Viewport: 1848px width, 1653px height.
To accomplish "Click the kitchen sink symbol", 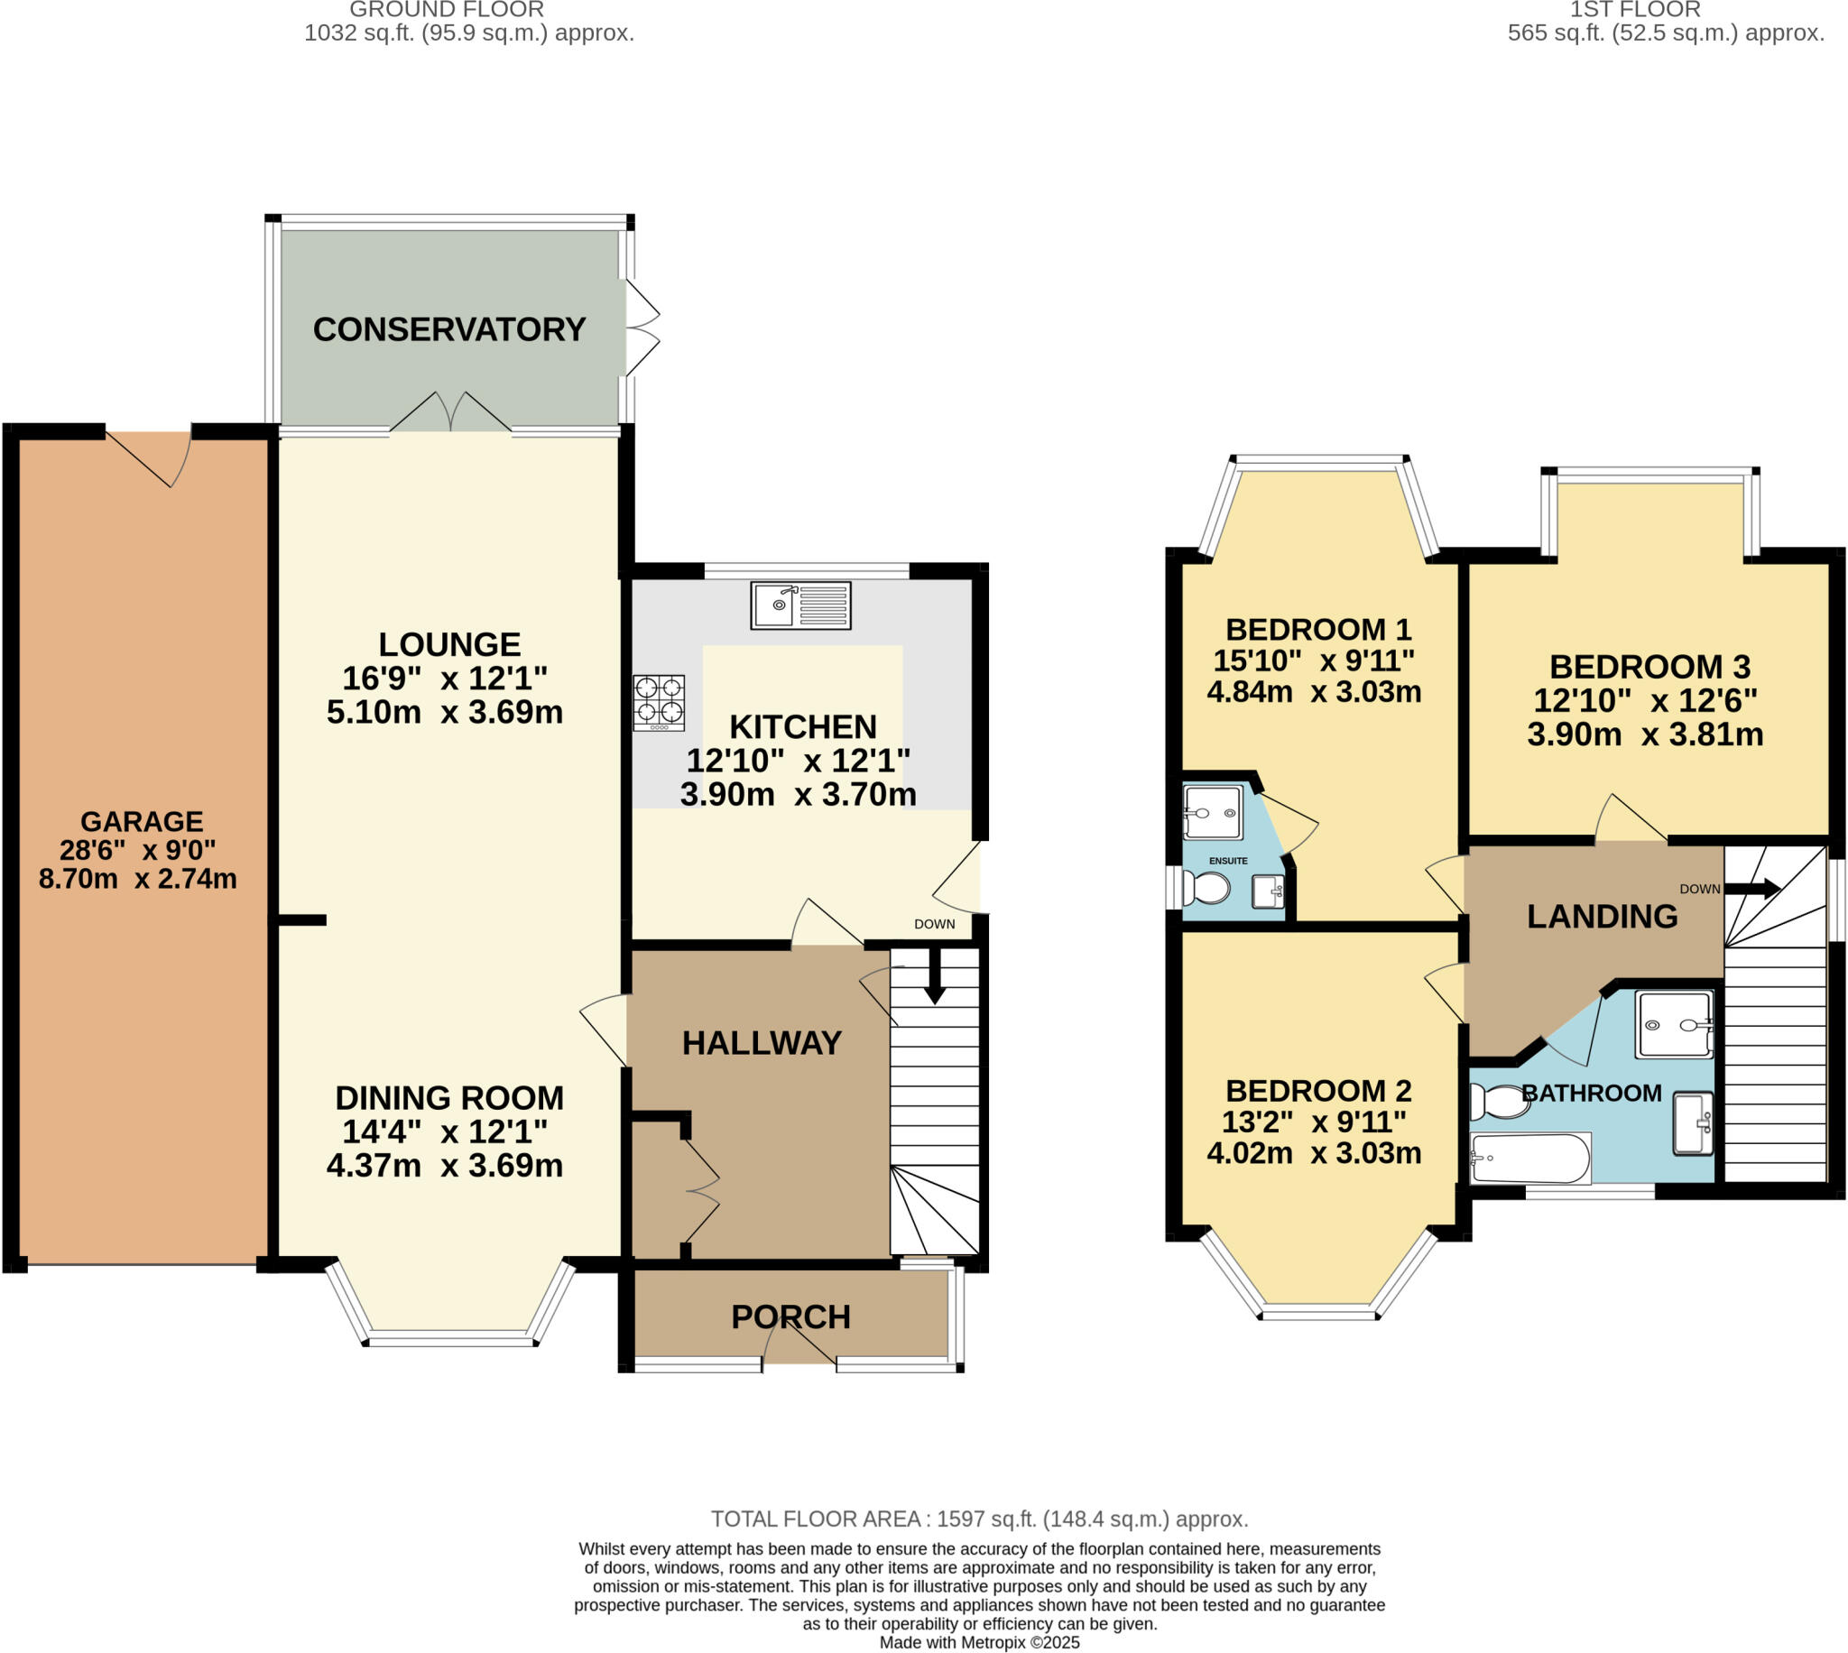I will (x=800, y=605).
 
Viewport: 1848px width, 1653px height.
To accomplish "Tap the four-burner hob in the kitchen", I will (x=659, y=702).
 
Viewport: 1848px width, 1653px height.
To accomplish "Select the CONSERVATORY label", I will (x=448, y=328).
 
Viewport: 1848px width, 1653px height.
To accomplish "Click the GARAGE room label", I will (x=142, y=821).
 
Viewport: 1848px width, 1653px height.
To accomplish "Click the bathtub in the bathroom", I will (x=1530, y=1158).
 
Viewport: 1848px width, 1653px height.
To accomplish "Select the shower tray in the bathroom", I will (x=1674, y=1024).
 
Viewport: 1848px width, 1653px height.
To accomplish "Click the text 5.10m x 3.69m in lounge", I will (x=444, y=712).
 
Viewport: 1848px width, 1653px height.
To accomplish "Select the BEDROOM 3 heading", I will (x=1649, y=667).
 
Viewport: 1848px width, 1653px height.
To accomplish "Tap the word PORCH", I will (x=790, y=1317).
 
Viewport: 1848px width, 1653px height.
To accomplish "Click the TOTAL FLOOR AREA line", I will (x=979, y=1519).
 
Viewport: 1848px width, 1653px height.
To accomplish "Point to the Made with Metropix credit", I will (x=979, y=1642).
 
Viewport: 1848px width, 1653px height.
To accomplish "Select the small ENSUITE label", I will (x=1228, y=860).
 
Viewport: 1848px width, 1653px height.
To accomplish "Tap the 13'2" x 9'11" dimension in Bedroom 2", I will (x=1313, y=1122).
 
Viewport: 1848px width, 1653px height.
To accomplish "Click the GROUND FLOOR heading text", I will (x=447, y=10).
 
